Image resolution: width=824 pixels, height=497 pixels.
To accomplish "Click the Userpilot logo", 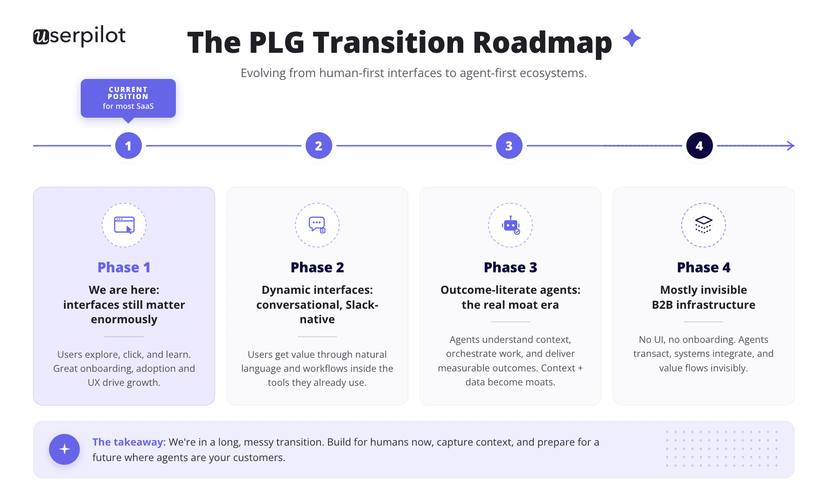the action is point(79,36).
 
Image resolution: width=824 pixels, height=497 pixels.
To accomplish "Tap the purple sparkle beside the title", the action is point(632,38).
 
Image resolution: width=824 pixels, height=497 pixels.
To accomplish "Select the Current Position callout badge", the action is point(128,99).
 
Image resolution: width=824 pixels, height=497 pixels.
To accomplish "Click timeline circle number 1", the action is point(128,146).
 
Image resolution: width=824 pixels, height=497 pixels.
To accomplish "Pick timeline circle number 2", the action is point(319,146).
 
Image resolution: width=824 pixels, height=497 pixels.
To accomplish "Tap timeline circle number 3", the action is point(509,146).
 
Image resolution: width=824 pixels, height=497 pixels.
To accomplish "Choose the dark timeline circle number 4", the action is point(699,146).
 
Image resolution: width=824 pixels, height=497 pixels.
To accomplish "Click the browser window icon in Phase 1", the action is point(124,225).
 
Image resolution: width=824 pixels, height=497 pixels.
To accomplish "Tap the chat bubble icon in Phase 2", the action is point(317,225).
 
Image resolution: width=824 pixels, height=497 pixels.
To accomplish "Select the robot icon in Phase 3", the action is point(511,225).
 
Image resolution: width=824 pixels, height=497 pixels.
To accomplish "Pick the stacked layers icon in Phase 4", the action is point(704,225).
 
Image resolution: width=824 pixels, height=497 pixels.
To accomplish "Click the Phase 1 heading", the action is point(124,267).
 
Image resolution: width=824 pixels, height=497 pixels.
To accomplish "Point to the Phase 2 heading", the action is point(317,267).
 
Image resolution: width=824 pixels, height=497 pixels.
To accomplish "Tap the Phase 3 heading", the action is point(510,267).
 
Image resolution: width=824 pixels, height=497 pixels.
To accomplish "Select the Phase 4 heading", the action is point(704,267).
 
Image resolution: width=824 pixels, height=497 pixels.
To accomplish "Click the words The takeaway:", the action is point(129,442).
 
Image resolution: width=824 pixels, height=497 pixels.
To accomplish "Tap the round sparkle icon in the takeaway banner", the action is point(64,449).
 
